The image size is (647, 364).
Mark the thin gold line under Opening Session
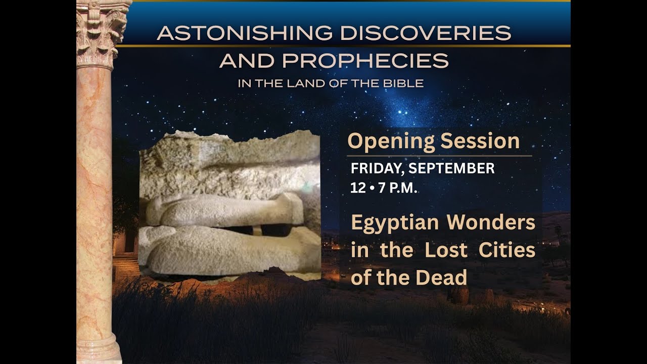(439, 156)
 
